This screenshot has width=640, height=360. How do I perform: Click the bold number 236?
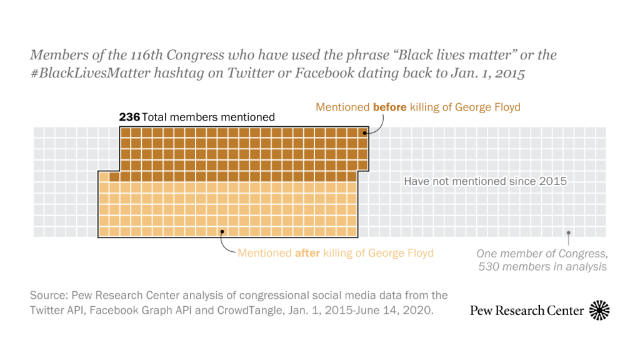(x=129, y=117)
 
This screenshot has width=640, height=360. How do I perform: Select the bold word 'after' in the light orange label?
(x=307, y=253)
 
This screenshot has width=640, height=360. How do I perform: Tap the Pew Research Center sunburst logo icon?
(x=599, y=310)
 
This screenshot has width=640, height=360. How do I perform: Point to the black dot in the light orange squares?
(x=222, y=231)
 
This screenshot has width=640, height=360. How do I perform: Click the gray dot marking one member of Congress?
(x=568, y=232)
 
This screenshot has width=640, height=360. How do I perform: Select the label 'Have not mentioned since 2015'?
(x=485, y=181)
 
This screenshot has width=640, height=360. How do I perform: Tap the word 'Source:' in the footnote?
(x=50, y=295)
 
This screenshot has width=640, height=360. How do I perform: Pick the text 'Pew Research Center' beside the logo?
(x=527, y=311)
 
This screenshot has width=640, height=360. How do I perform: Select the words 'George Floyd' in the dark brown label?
(x=489, y=107)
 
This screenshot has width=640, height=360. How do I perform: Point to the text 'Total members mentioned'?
(x=208, y=117)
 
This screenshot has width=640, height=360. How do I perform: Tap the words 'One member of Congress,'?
(x=541, y=254)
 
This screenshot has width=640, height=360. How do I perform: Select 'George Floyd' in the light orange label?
(x=401, y=253)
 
